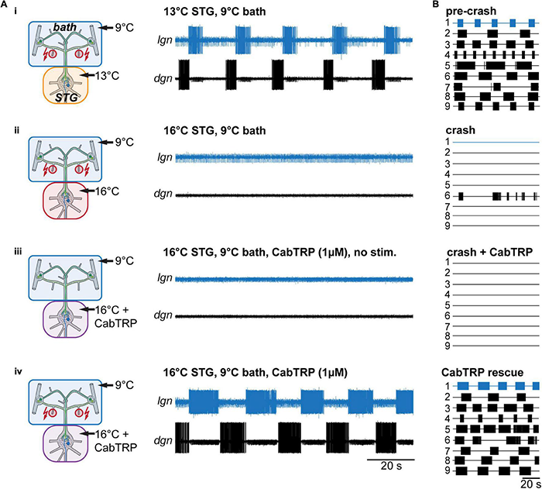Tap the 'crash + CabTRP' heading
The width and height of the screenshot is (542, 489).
point(486,251)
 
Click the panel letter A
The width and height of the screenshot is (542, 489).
point(5,5)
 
